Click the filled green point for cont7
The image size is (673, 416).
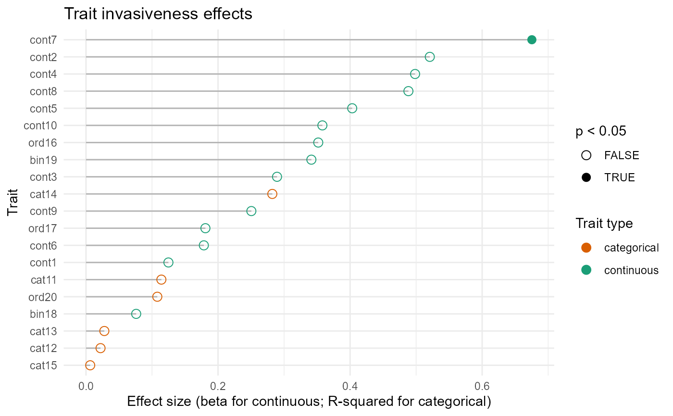(x=532, y=40)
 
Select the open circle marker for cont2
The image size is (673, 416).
(x=430, y=57)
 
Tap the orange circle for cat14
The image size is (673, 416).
(x=272, y=194)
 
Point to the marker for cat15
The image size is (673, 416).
(x=90, y=365)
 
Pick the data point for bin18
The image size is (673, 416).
(x=136, y=314)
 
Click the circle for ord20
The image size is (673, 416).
(x=157, y=297)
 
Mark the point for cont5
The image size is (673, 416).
(x=352, y=108)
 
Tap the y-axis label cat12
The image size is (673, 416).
(x=44, y=348)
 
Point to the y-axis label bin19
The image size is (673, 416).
(x=44, y=160)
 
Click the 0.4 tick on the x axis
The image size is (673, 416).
(x=350, y=386)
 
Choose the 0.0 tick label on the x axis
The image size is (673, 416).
(x=86, y=386)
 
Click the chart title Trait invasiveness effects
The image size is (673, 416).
(x=158, y=14)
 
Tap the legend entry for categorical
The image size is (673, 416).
(x=631, y=248)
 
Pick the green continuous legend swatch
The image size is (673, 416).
(x=586, y=270)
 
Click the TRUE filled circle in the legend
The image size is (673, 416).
(x=586, y=177)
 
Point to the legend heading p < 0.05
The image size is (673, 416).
(x=601, y=132)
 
